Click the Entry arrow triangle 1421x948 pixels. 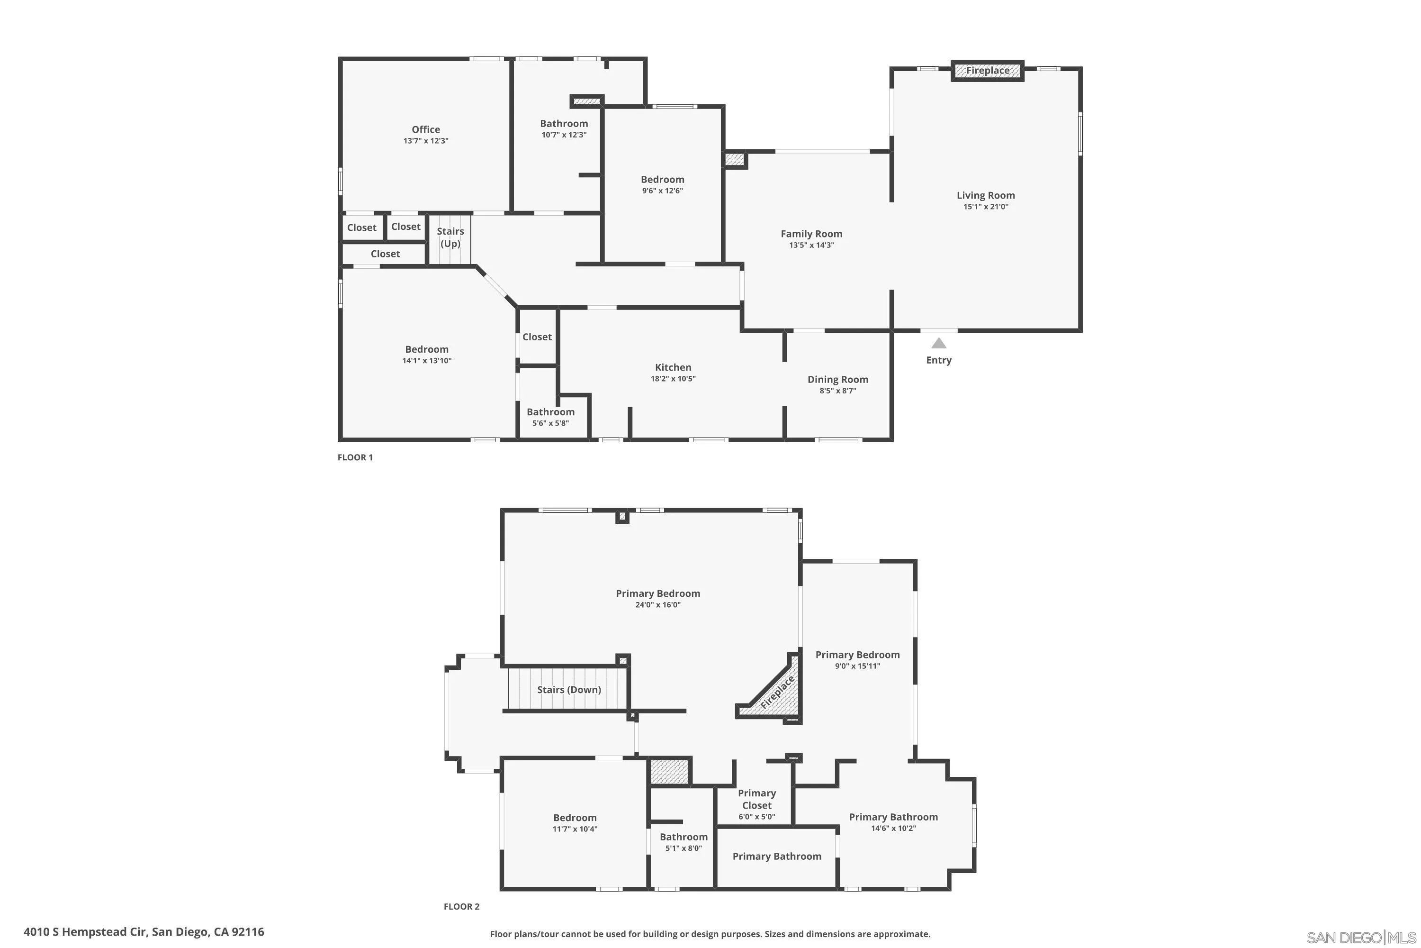[x=938, y=343]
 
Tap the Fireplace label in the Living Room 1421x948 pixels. [x=987, y=71]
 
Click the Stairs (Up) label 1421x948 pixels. [x=450, y=237]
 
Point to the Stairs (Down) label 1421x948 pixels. [x=568, y=690]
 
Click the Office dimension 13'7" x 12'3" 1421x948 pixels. [x=426, y=141]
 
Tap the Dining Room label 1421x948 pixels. [x=837, y=380]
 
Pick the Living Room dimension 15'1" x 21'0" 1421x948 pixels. [x=985, y=207]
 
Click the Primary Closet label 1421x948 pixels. [x=756, y=799]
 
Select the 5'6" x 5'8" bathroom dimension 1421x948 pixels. [x=550, y=423]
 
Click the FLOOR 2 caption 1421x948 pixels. [x=461, y=906]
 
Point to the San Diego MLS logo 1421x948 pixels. [x=1362, y=938]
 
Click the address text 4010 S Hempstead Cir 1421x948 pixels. [x=144, y=932]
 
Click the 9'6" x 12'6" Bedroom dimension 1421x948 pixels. [x=662, y=191]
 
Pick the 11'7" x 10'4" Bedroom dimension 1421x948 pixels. [x=575, y=829]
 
